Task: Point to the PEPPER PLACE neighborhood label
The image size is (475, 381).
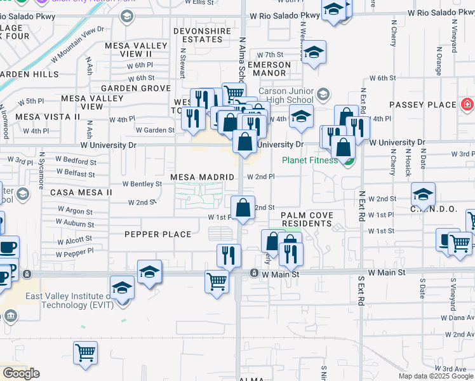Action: coord(158,234)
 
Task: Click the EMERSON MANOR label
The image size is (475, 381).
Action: coord(272,69)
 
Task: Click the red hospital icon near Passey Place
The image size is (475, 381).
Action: coord(467,104)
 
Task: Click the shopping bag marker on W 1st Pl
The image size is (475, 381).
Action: coord(243,207)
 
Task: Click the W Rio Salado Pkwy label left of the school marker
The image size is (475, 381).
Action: coord(285,15)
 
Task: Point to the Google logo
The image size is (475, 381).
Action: coord(21,373)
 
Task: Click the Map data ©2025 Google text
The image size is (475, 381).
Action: coord(436,376)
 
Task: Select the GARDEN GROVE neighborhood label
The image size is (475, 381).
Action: coord(136,88)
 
